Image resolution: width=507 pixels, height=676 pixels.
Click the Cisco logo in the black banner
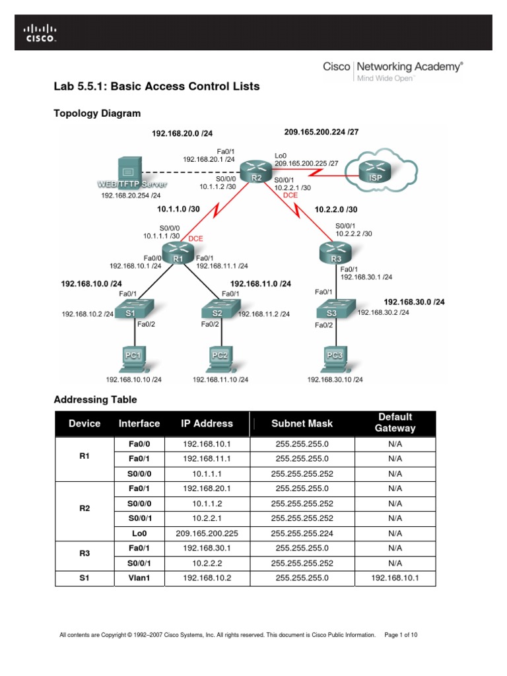41,33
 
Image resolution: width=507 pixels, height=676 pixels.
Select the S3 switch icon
332,311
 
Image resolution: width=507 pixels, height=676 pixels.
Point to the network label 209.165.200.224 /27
321,131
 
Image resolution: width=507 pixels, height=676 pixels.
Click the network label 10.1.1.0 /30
178,209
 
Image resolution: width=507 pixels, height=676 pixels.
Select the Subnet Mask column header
302,423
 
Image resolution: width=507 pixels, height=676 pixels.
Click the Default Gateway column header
395,422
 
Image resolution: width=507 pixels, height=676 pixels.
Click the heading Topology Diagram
96,113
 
